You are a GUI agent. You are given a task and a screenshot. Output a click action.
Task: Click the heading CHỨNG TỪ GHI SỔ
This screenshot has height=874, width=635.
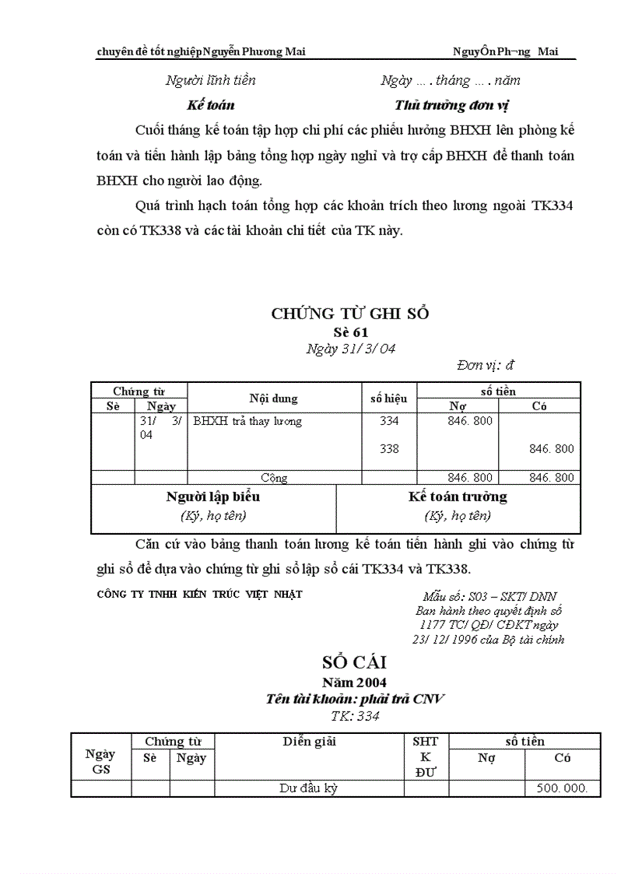pos(349,314)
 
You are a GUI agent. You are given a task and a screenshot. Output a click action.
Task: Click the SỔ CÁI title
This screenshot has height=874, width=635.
pos(354,663)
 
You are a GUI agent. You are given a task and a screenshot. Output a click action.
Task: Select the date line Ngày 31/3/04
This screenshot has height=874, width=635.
pos(350,349)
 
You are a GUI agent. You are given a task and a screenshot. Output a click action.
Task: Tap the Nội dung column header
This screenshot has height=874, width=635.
pos(273,398)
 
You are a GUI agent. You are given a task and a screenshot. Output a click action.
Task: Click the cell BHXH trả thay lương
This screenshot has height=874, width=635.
pos(247,421)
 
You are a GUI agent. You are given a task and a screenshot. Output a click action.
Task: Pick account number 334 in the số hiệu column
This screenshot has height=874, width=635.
pos(389,421)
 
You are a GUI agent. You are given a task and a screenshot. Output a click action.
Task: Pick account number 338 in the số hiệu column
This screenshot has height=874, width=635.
pos(389,448)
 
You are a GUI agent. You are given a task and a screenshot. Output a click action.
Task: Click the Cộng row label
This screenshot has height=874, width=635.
pos(274,477)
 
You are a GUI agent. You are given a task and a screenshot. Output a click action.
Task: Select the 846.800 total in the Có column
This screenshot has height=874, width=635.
pos(551,477)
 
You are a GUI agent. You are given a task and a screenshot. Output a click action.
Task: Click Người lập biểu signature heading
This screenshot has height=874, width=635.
pos(212,497)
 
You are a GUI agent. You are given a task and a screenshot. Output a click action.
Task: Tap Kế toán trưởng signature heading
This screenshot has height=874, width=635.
pos(458,497)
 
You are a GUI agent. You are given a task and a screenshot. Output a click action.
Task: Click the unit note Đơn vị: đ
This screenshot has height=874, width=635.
pos(486,364)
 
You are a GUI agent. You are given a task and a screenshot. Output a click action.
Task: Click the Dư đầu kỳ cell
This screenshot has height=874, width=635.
pos(308,788)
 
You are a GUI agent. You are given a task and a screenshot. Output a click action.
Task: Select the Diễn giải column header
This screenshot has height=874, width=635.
pos(309,742)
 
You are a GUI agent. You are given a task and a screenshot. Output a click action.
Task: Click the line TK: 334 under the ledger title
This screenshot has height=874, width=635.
pos(354,716)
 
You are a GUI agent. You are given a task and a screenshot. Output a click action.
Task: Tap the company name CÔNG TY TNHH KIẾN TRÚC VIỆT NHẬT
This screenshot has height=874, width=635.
pos(199,594)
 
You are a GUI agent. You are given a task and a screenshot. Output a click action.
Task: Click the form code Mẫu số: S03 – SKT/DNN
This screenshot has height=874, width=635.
pos(489,597)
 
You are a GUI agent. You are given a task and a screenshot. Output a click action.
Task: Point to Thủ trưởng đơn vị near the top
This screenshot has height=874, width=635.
pos(451,105)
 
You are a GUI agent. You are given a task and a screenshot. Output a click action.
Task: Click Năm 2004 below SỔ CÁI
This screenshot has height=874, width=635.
pos(354,683)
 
